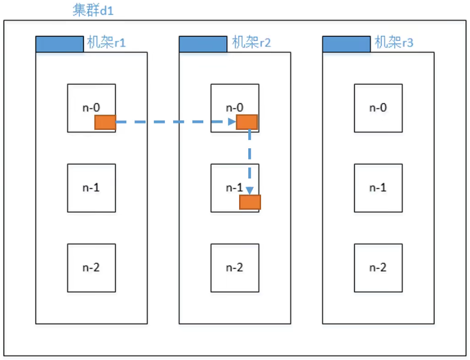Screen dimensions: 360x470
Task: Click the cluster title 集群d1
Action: tap(92, 11)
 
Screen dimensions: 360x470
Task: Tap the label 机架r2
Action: tap(251, 43)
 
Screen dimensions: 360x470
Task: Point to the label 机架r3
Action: tap(394, 43)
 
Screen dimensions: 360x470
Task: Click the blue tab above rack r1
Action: tap(59, 44)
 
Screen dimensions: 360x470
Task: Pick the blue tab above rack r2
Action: tap(203, 44)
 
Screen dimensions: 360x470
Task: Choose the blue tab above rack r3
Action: tap(346, 44)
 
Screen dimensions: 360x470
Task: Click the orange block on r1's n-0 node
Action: tap(105, 122)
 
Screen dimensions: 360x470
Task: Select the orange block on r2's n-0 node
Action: tap(247, 122)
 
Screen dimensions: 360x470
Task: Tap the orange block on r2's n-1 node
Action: tap(250, 202)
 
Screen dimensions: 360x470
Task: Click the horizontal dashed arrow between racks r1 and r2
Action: tap(174, 122)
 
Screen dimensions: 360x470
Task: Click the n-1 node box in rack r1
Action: tap(92, 188)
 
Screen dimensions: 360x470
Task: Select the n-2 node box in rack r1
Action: tap(92, 267)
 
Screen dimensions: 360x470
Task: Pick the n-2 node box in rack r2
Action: tap(235, 267)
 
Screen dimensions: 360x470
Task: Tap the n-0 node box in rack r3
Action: tap(378, 108)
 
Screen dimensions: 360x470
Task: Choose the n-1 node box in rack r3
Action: tap(378, 188)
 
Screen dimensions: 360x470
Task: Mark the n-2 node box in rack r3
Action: tap(378, 267)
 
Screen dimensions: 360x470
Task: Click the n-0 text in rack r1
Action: tap(91, 108)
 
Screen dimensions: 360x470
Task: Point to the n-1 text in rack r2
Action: tap(234, 188)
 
